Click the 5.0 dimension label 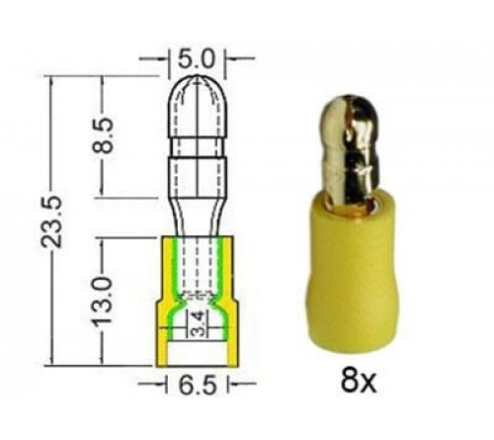196,58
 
